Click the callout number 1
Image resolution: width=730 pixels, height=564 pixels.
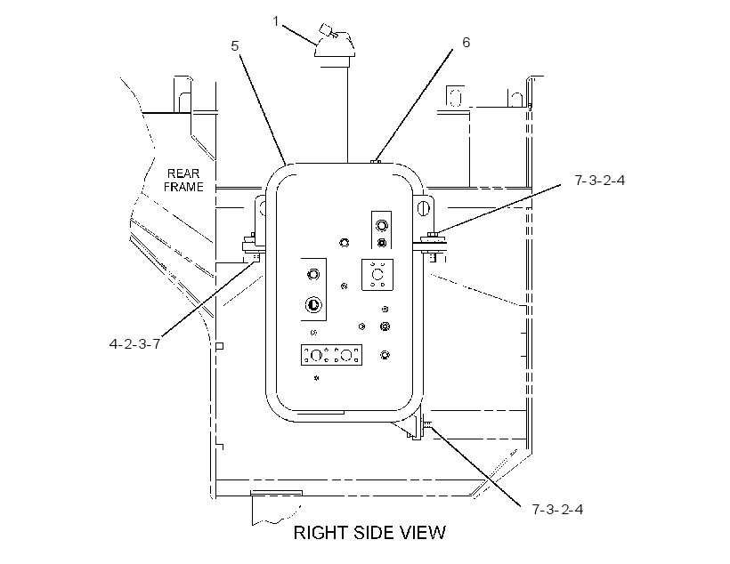pos(276,21)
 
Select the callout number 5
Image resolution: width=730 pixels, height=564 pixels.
pos(235,46)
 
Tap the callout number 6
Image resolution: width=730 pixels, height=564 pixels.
pos(466,43)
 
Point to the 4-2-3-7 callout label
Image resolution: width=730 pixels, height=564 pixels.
pos(134,344)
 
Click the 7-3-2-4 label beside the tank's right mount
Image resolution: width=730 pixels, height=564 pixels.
pos(600,180)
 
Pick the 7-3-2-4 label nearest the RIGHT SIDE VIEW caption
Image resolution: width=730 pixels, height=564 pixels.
pos(557,509)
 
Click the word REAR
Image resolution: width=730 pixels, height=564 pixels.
pos(183,173)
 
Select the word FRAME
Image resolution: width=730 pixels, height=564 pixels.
pos(183,187)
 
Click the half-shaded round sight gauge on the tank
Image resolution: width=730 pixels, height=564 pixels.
pos(313,305)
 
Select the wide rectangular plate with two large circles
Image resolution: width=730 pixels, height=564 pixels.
pos(331,355)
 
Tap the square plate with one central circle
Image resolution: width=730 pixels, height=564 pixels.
pos(377,275)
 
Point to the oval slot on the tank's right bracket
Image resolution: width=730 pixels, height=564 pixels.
pos(422,207)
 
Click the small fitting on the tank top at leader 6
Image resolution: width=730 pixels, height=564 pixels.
pos(376,162)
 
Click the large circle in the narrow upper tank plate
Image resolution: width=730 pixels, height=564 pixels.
pos(382,226)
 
